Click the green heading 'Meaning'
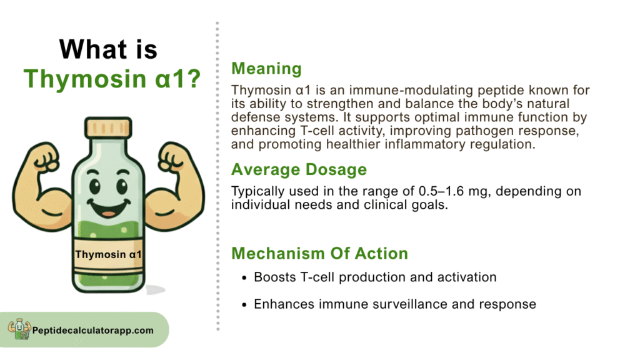[266, 69]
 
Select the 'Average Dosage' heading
[299, 170]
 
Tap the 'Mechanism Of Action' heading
[319, 254]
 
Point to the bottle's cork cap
[108, 127]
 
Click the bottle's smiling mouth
[109, 207]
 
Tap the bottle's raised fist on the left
[45, 157]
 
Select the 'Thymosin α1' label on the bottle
[108, 255]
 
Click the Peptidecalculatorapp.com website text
[93, 331]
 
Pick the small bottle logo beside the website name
[19, 329]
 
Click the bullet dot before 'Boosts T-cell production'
[244, 278]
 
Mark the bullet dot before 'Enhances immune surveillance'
[244, 305]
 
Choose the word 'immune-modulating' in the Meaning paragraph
[411, 90]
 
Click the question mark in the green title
[194, 78]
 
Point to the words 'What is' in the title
[108, 49]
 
